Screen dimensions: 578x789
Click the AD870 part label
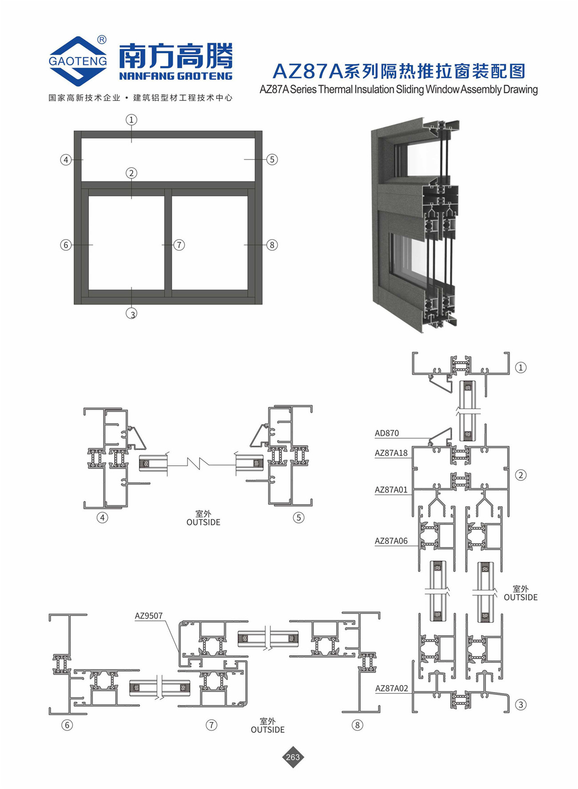pos(387,433)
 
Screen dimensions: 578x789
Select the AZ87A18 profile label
pos(391,453)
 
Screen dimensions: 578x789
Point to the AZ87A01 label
pos(391,490)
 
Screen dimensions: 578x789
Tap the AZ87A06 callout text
pos(391,541)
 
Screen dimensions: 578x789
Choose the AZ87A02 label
pos(392,688)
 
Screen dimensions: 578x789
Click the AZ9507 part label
pos(149,616)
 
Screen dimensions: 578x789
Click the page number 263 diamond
pos(293,757)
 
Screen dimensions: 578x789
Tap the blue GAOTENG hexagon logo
pos(78,61)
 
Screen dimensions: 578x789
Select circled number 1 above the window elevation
pos(131,120)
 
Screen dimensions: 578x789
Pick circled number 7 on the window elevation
pos(179,245)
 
